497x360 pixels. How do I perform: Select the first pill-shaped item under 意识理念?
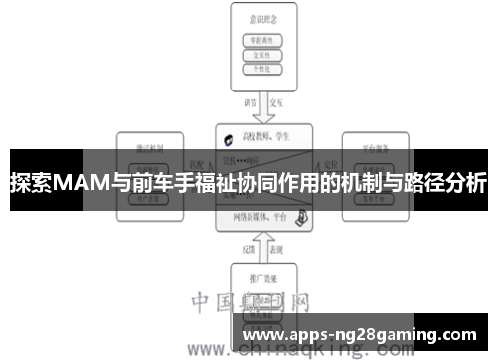click(x=263, y=40)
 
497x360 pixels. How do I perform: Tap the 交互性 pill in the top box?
click(x=263, y=55)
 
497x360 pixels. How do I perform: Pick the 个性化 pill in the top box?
click(x=263, y=70)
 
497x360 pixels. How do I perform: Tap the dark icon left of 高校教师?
click(x=230, y=139)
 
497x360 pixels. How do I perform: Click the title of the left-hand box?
click(x=151, y=146)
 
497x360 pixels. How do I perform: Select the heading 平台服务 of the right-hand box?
click(x=374, y=146)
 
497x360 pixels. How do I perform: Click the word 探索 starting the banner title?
click(x=30, y=183)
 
